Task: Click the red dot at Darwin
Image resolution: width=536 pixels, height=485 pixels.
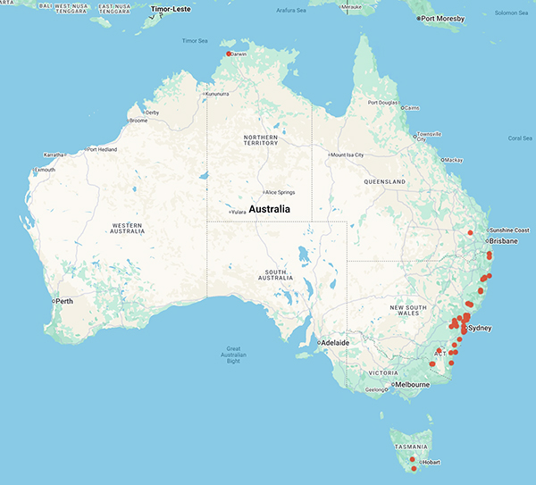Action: click(x=230, y=54)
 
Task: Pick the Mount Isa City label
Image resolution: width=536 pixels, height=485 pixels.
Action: click(x=348, y=155)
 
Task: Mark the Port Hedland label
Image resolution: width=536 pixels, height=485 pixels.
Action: click(x=103, y=149)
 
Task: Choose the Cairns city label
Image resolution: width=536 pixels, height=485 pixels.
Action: click(x=412, y=108)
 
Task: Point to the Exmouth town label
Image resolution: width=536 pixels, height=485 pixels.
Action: click(x=44, y=169)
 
